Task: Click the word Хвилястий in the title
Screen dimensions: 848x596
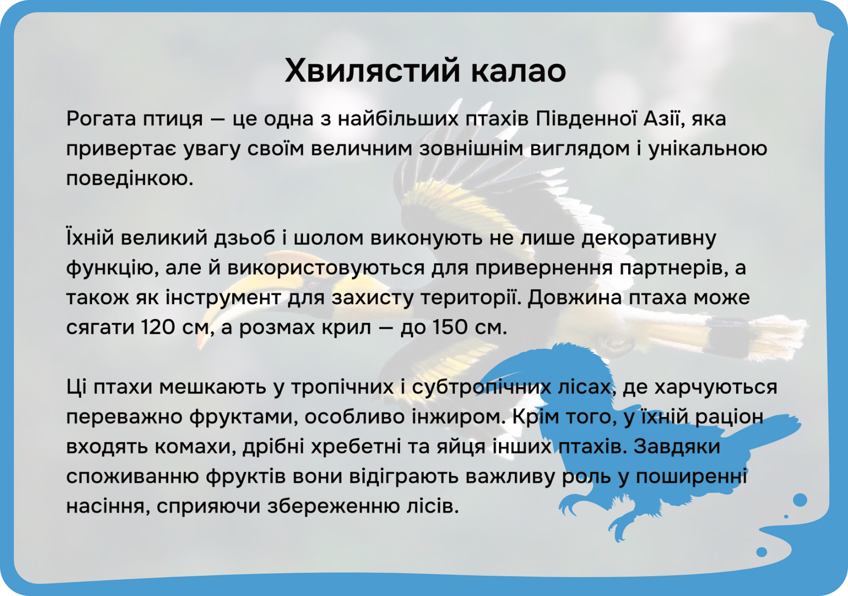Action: (x=372, y=71)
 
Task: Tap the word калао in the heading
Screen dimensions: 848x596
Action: (x=518, y=71)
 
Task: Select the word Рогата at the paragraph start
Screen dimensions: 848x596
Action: (x=101, y=119)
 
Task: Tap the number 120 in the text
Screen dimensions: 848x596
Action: (x=158, y=327)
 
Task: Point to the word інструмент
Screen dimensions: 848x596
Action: (x=223, y=298)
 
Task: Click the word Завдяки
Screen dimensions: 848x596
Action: (x=677, y=447)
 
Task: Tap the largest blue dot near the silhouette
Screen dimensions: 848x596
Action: (x=800, y=500)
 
